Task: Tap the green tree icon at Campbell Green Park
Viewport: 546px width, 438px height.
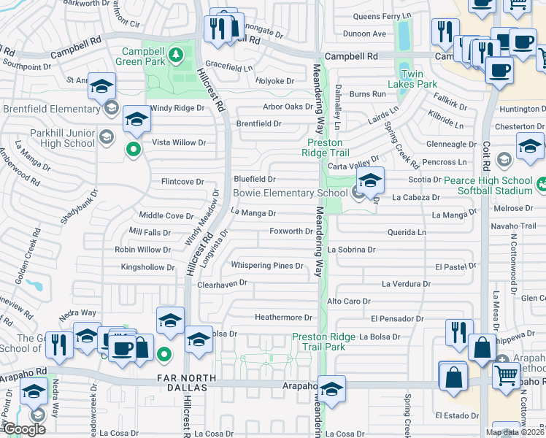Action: coord(175,54)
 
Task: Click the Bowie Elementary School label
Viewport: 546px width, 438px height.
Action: coord(290,193)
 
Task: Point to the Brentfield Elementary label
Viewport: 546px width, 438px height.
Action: coord(50,109)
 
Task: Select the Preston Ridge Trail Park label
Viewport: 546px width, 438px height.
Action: coord(328,342)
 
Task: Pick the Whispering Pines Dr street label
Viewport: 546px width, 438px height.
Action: coord(266,266)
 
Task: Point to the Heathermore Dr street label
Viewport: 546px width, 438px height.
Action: coord(283,318)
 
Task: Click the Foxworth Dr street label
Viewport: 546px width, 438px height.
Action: coord(291,231)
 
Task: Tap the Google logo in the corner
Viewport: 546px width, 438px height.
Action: coord(24,429)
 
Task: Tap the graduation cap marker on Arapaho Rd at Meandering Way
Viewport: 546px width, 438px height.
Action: coord(331,391)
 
